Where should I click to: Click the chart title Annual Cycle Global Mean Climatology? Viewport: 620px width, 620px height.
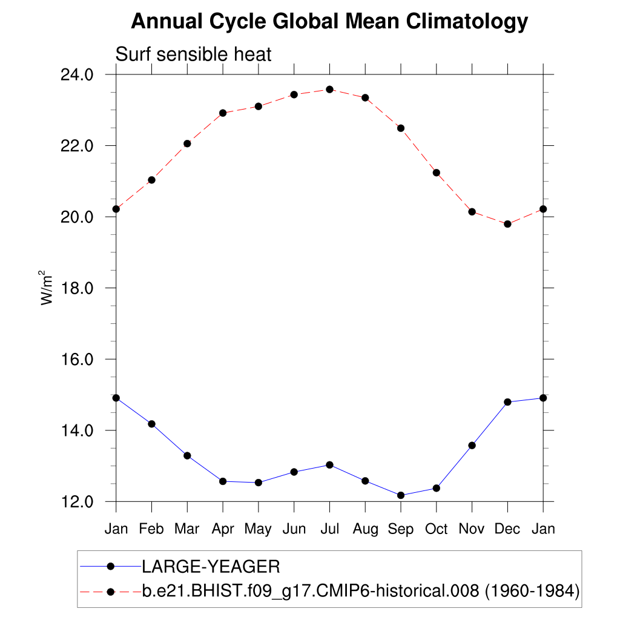pos(329,22)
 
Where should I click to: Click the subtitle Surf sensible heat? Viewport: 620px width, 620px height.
pos(193,54)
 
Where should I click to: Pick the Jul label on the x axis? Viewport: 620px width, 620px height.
pos(329,529)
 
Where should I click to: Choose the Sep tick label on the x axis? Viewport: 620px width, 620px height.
pos(401,529)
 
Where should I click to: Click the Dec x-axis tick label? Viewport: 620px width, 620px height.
pos(507,529)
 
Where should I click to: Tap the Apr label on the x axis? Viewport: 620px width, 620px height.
pos(223,529)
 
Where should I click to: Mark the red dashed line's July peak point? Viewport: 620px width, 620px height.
pos(329,90)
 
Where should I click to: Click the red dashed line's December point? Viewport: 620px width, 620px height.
pos(507,224)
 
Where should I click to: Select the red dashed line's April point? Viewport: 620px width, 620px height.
pos(223,113)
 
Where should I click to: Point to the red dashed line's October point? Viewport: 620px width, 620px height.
pos(436,173)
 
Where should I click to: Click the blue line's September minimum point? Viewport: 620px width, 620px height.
pos(401,495)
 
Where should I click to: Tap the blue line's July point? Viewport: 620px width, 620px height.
pos(329,465)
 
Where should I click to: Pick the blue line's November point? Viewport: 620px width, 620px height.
pos(472,446)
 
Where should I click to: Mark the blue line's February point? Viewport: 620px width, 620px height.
pos(151,424)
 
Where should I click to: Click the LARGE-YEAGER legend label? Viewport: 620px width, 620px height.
pos(211,567)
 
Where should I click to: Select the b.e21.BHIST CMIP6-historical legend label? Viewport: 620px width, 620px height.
pos(361,590)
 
